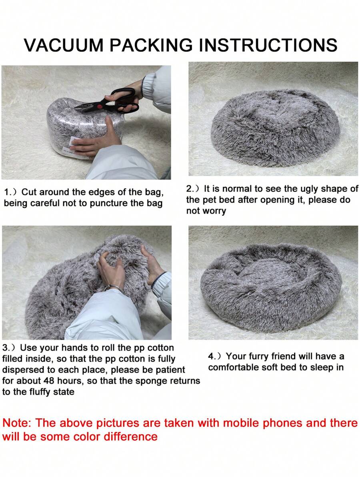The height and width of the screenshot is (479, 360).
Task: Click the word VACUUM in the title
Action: [64, 45]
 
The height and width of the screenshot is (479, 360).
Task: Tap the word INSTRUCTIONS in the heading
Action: [268, 45]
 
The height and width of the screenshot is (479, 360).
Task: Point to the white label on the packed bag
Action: [74, 141]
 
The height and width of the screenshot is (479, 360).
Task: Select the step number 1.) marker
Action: [11, 192]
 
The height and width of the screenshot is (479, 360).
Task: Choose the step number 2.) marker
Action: [194, 189]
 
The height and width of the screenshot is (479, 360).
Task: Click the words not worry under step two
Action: [206, 211]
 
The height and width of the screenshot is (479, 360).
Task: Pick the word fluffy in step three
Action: [42, 392]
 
